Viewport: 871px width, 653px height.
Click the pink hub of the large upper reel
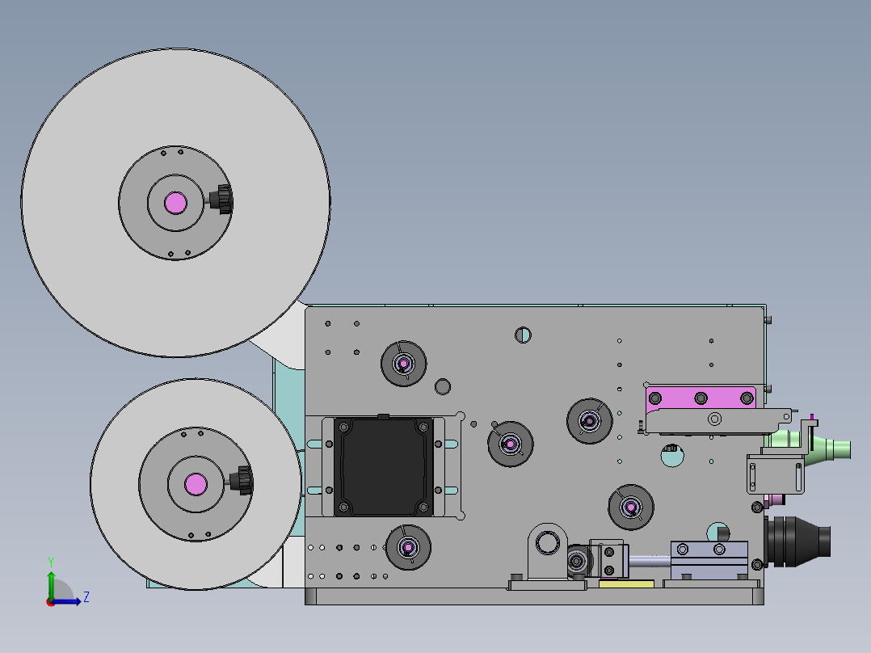[175, 203]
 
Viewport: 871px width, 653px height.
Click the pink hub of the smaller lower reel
[196, 484]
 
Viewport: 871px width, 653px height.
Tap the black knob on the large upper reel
[223, 199]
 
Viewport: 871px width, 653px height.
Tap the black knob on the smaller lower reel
[243, 480]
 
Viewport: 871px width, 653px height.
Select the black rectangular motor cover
[383, 466]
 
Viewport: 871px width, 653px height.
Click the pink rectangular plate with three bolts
[701, 398]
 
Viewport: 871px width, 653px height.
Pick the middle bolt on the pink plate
[701, 398]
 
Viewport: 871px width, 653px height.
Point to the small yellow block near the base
[627, 584]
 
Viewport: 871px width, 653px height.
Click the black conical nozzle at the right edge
[797, 541]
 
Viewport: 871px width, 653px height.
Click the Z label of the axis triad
[86, 597]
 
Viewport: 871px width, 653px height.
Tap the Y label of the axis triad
[51, 562]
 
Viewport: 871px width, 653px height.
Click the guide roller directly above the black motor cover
[404, 364]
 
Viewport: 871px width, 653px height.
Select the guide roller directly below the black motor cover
[408, 547]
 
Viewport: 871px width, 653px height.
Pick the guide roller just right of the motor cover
[511, 444]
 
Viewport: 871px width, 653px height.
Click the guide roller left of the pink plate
[589, 421]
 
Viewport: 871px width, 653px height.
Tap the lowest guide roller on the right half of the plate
[631, 507]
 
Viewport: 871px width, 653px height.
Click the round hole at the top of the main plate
[523, 335]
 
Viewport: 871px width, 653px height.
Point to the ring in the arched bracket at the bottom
[547, 543]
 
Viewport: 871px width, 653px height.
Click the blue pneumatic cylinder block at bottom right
[709, 559]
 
